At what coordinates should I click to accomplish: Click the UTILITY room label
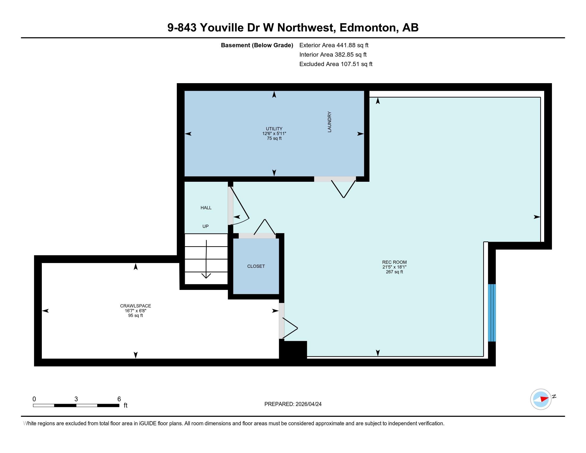274,129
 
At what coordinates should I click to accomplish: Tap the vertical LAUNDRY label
329,122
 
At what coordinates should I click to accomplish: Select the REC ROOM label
394,262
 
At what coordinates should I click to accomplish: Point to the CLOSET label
256,266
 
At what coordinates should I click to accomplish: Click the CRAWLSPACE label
136,306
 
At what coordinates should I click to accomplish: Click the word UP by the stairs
206,226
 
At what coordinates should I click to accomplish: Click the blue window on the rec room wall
491,313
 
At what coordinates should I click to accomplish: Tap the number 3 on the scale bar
76,399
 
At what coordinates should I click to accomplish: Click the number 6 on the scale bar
119,399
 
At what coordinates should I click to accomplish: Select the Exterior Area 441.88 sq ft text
334,45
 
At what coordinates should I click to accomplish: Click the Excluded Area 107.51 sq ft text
336,64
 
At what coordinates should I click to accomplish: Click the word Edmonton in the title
369,28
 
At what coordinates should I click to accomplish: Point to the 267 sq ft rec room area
394,272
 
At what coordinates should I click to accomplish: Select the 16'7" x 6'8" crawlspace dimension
136,311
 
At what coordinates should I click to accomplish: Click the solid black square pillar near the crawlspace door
293,349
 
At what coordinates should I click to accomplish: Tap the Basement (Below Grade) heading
257,45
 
